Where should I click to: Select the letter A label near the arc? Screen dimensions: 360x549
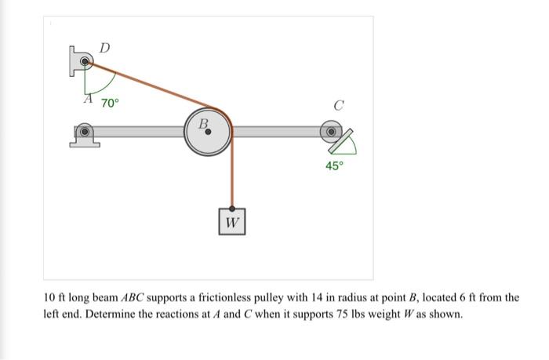89,100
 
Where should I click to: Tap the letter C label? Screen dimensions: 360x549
338,104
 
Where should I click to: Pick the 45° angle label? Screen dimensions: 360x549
335,165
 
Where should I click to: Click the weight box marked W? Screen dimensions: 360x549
232,223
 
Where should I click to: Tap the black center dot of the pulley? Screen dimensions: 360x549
208,133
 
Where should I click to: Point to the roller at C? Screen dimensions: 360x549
332,130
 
